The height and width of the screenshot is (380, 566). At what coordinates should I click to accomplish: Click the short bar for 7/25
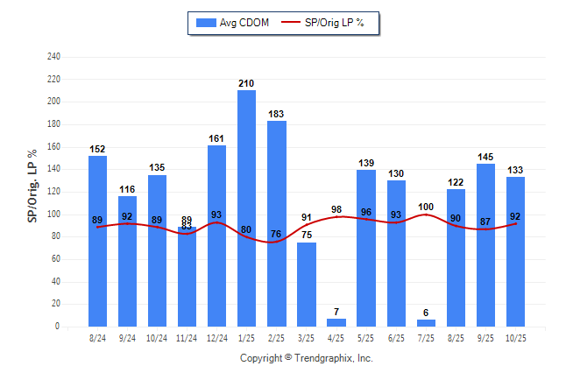coord(426,323)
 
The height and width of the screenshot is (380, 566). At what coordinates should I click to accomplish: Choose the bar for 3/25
coord(306,284)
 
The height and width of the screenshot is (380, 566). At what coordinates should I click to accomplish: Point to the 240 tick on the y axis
coord(54,57)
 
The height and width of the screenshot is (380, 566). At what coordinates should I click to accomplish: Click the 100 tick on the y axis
coord(54,215)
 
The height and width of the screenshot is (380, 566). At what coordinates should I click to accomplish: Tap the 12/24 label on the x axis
coord(216,337)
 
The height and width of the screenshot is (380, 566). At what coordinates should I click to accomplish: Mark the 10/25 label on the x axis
coord(515,337)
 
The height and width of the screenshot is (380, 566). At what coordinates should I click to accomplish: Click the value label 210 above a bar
coord(246,83)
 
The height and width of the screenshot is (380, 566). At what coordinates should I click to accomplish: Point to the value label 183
coord(276,114)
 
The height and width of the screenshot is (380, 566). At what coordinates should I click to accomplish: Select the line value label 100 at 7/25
coord(426,207)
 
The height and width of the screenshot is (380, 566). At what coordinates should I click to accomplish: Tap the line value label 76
coord(276,233)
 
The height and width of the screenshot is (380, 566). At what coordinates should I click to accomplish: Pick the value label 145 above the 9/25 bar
coord(485,157)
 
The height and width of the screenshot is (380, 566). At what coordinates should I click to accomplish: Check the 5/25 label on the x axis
coord(366,337)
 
